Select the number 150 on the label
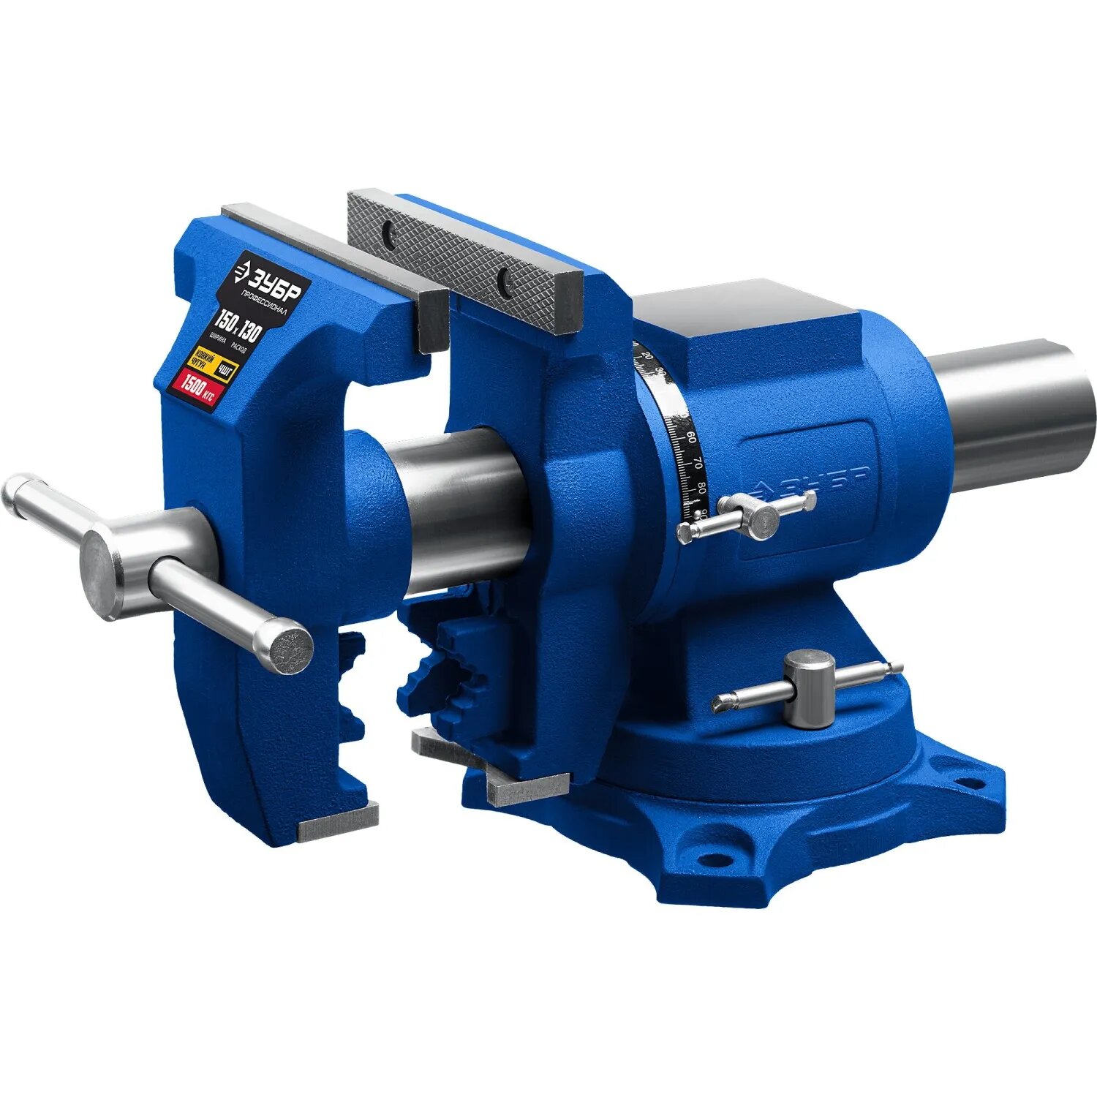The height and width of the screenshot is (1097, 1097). tap(225, 320)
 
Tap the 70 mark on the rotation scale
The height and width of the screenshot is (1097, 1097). tap(698, 464)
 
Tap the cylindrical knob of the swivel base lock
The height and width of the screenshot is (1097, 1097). tap(809, 688)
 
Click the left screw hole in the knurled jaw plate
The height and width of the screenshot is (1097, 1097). tap(388, 233)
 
